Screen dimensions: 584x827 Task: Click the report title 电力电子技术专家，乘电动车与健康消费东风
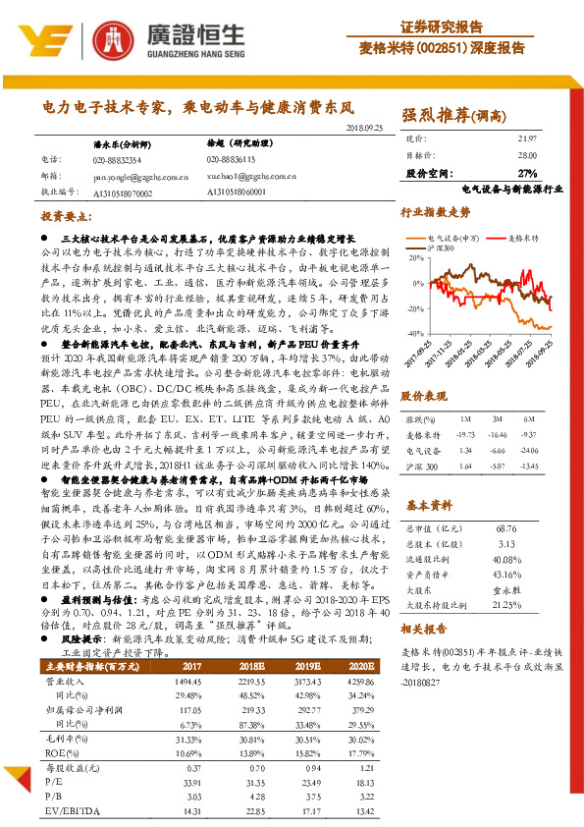pos(197,105)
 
